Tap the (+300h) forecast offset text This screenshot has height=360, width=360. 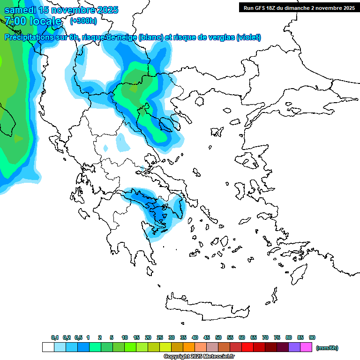click(x=83, y=21)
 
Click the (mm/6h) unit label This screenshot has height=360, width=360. click(x=327, y=348)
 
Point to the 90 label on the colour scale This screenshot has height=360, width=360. click(x=312, y=337)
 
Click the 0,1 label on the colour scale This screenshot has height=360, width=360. click(x=55, y=337)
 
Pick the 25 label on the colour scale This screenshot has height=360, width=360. click(x=160, y=337)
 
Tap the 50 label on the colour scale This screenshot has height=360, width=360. click(x=218, y=337)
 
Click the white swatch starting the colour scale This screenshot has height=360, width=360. click(x=48, y=347)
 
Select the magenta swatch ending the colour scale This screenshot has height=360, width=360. click(x=306, y=347)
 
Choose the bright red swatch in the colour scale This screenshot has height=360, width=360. click(x=247, y=347)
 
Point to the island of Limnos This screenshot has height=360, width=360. click(x=216, y=130)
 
